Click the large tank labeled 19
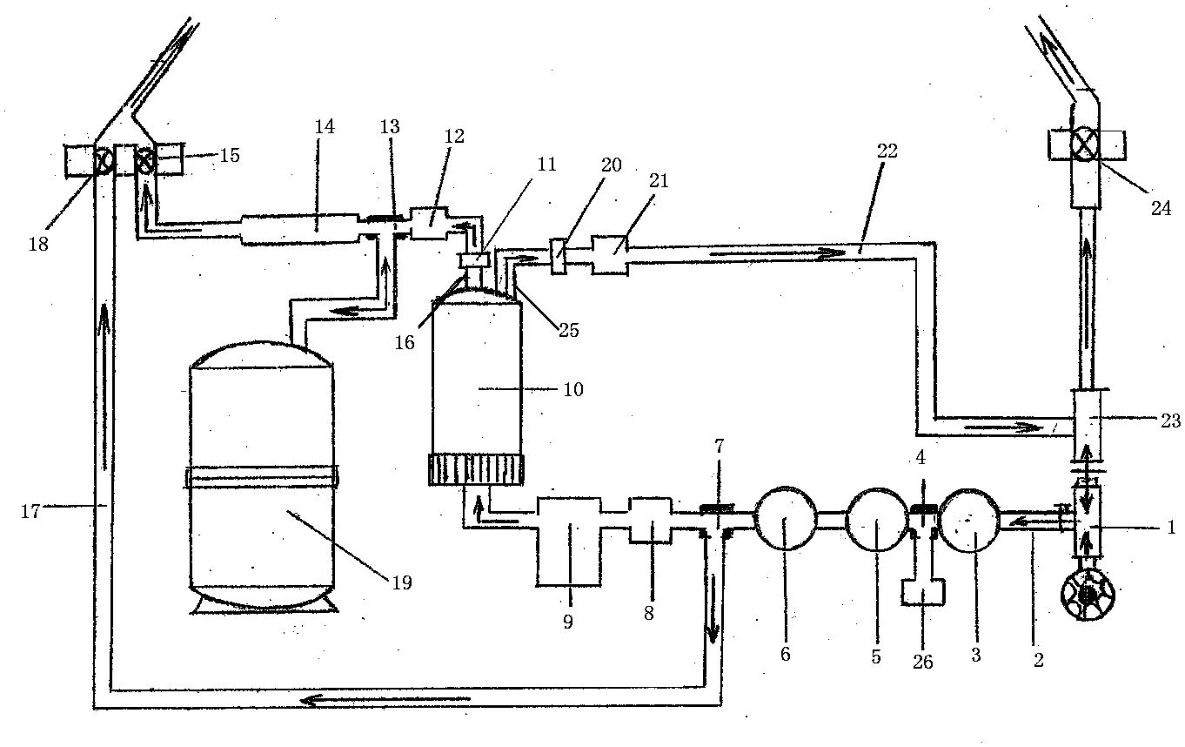(x=262, y=479)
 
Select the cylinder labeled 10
(x=477, y=374)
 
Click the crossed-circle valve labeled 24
(x=1084, y=143)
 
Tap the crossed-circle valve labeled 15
(x=145, y=160)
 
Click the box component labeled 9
(x=568, y=540)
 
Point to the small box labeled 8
(x=650, y=521)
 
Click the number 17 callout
(x=30, y=511)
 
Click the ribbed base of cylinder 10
(x=477, y=470)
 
